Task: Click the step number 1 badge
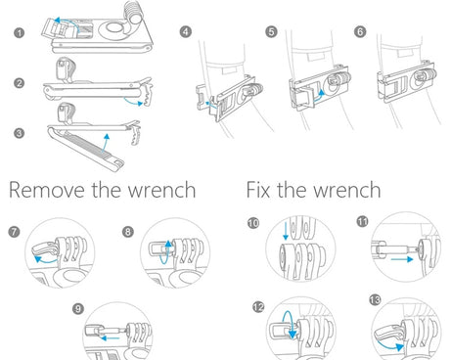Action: point(20,32)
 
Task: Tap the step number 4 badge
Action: point(186,31)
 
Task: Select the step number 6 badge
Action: point(360,31)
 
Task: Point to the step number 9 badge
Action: point(78,308)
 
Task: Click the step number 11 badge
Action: point(363,222)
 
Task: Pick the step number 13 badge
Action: point(375,299)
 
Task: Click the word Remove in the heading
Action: point(47,190)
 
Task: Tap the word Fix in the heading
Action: point(258,190)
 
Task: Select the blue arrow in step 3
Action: point(105,143)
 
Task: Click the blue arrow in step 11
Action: point(402,259)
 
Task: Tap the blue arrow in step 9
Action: point(110,338)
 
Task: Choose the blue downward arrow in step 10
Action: point(286,230)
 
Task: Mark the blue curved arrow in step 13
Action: point(388,346)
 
